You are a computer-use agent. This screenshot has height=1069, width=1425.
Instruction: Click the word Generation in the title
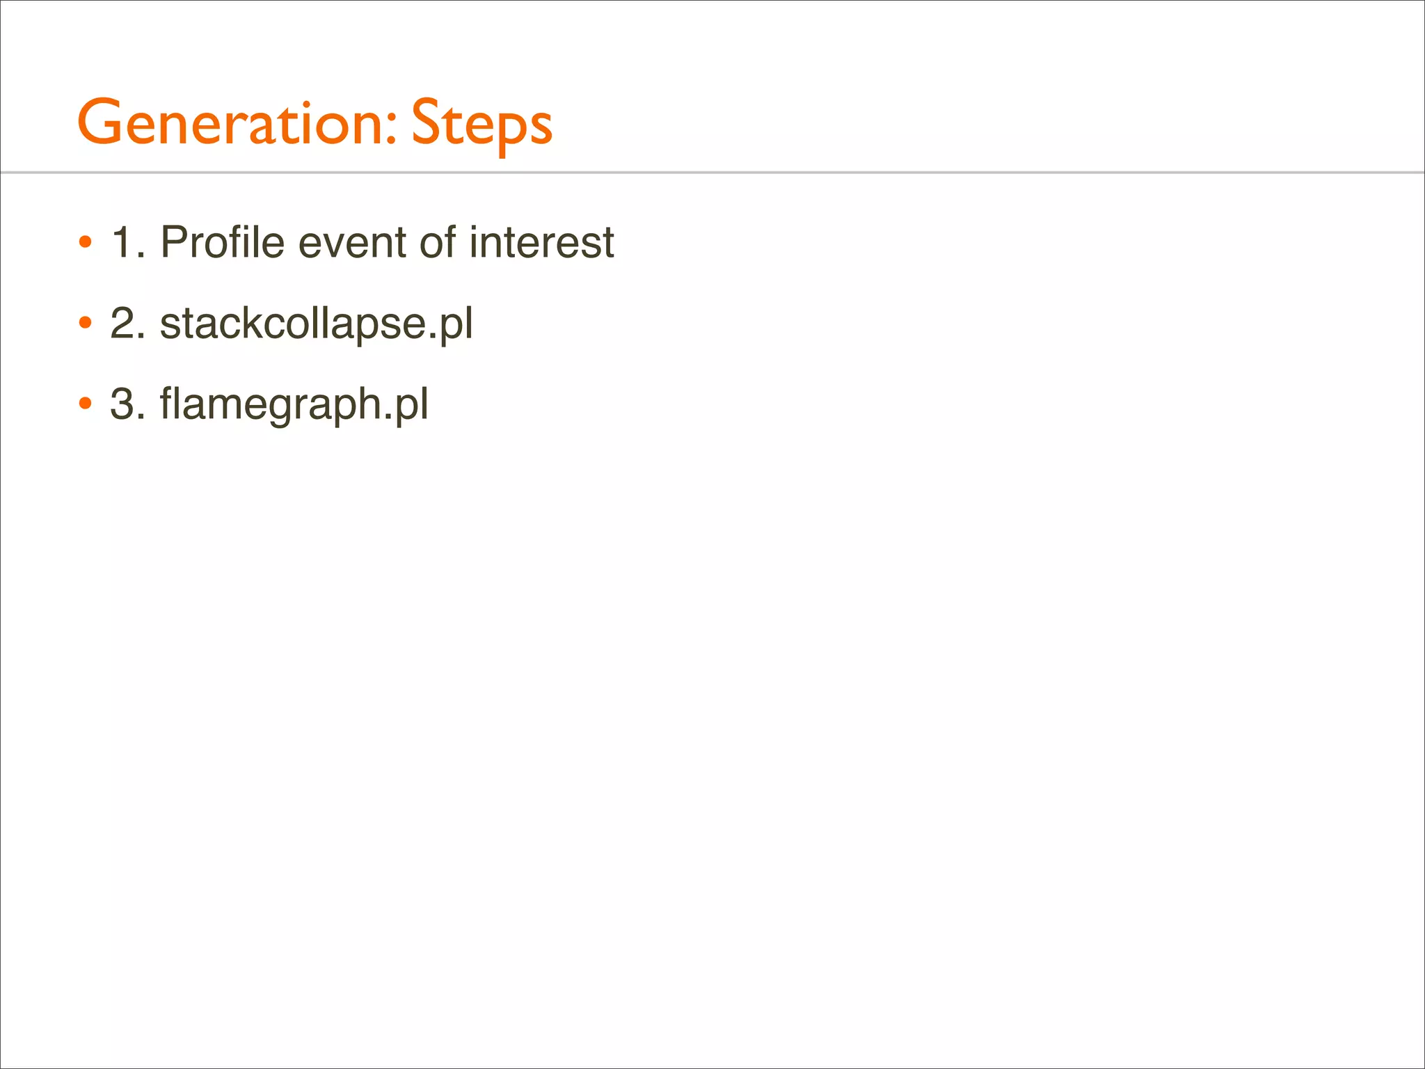230,122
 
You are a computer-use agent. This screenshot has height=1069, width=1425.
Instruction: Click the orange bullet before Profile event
85,243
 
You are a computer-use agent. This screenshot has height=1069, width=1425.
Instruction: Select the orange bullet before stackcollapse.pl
85,324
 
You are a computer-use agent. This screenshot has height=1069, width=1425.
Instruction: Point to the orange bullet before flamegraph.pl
85,404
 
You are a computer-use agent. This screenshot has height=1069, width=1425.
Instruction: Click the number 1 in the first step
122,243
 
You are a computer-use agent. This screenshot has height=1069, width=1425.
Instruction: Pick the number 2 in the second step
122,324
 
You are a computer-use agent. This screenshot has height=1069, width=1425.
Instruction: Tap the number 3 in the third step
122,404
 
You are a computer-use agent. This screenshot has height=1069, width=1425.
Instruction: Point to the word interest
541,243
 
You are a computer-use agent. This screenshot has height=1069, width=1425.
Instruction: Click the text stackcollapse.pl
317,324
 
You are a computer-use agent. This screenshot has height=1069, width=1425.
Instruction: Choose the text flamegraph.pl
294,404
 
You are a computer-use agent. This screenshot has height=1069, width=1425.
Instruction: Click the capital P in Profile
174,243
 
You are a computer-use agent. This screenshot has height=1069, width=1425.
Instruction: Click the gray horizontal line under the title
712,172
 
